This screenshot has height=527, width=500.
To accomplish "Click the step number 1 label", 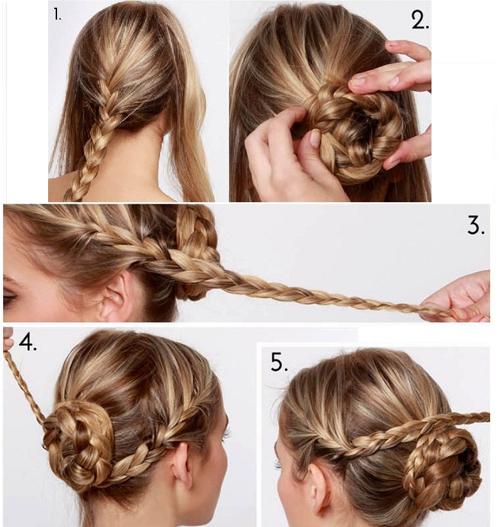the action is [57, 15].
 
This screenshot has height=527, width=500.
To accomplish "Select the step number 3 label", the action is [476, 226].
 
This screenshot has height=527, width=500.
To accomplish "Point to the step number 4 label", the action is [28, 342].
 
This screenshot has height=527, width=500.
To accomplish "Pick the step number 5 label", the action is [279, 362].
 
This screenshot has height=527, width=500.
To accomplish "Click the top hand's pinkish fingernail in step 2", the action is [392, 44].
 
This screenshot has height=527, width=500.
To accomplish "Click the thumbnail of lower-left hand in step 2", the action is [314, 138].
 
